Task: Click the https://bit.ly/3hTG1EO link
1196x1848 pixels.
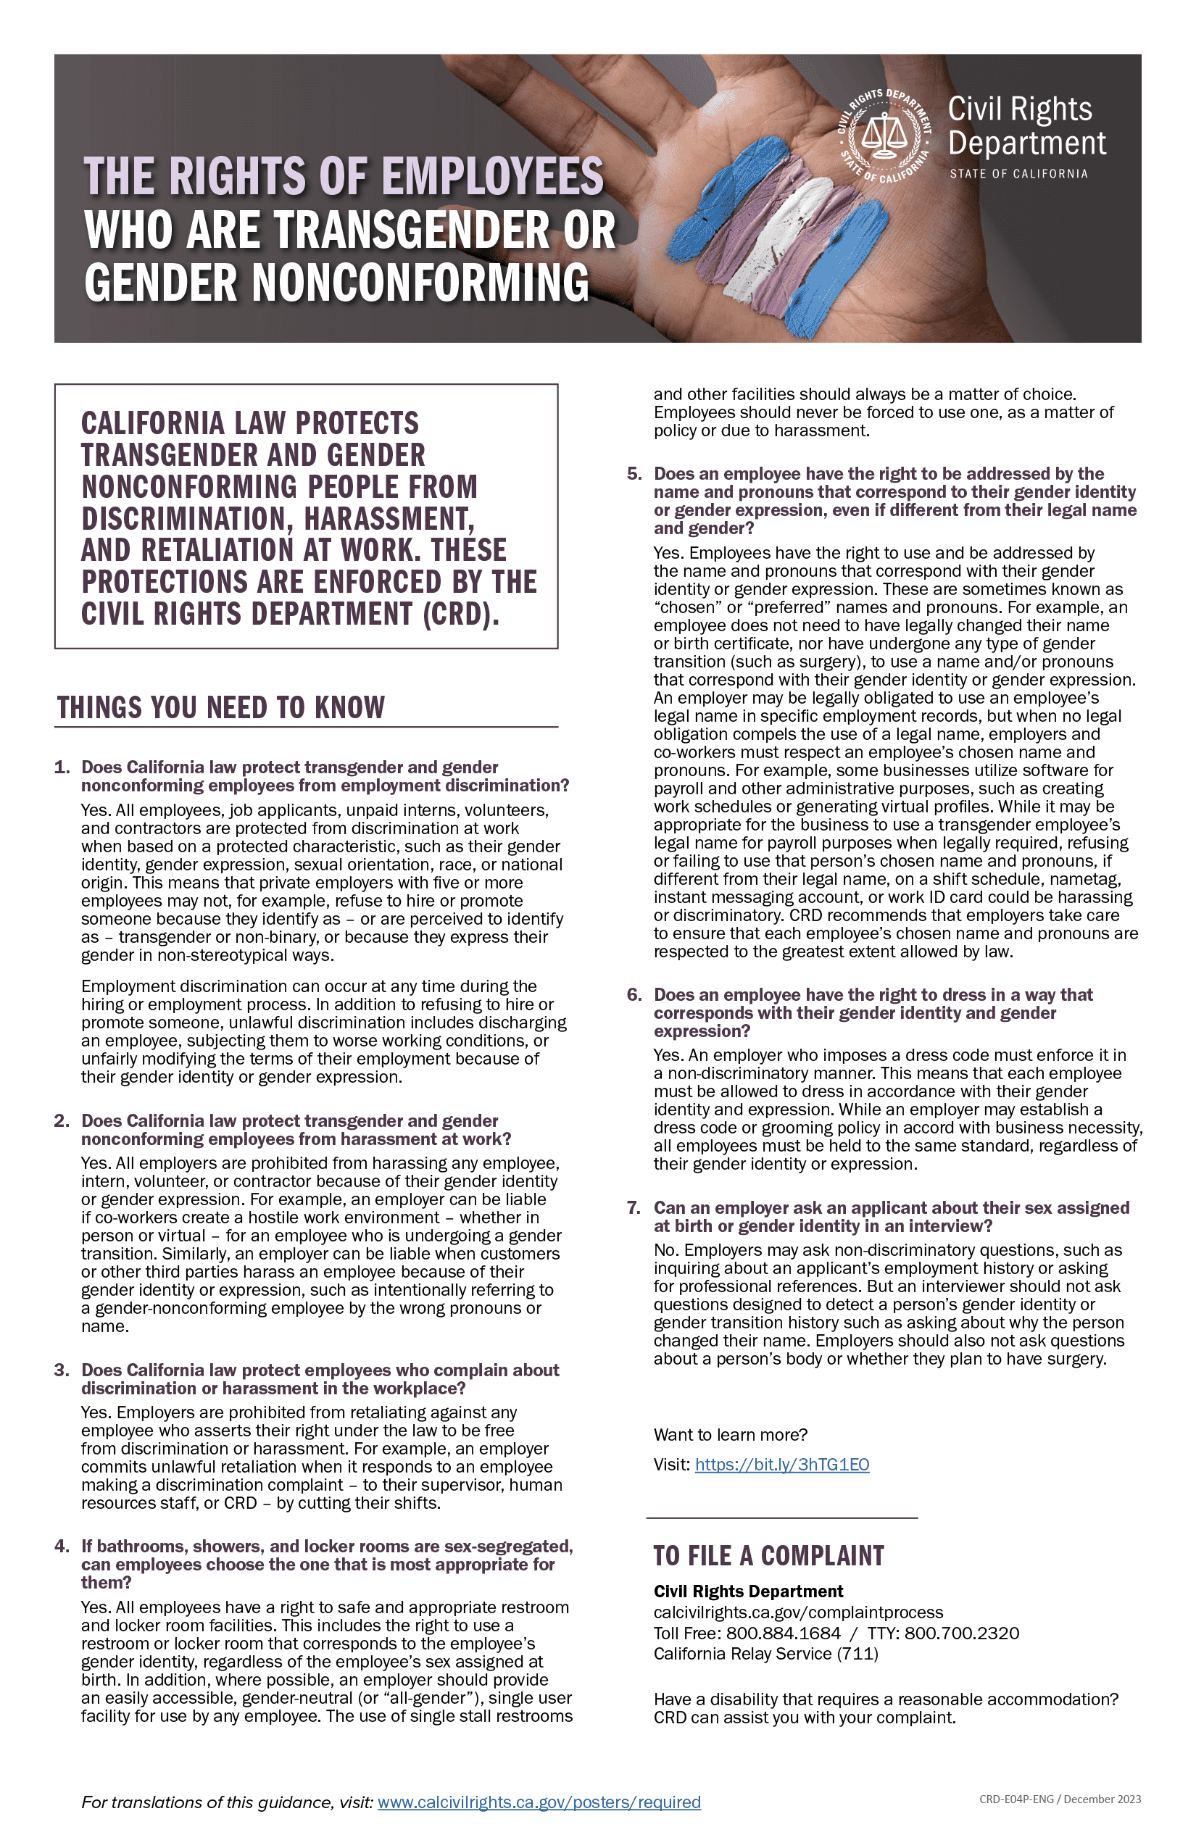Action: coord(782,1465)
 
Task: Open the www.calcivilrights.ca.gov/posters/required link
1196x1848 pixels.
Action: coord(539,1802)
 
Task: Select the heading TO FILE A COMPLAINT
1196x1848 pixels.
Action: coord(768,1556)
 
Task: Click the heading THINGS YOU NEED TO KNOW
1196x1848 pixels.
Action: coord(220,707)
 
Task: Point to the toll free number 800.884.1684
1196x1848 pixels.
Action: coord(783,1633)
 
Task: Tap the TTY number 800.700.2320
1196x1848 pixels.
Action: coord(961,1633)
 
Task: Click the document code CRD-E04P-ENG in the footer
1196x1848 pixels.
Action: coord(1016,1799)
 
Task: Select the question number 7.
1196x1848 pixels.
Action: coord(634,1207)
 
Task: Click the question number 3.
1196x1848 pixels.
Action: coord(62,1370)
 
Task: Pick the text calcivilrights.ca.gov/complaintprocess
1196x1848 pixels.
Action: coord(798,1612)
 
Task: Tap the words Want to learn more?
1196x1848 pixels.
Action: coord(730,1434)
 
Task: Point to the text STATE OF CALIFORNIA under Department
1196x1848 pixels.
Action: coord(1018,174)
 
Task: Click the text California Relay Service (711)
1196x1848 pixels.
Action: coord(765,1654)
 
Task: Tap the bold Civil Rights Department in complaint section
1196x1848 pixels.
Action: coord(748,1591)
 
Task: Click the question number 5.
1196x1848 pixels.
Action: coord(634,474)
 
